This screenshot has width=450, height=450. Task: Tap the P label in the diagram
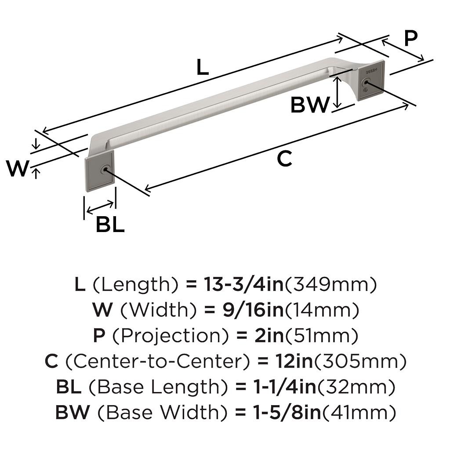tap(410, 39)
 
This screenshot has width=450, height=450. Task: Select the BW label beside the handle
tap(310, 105)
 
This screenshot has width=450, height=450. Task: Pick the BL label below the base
tap(110, 225)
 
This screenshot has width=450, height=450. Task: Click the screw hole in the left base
tap(105, 169)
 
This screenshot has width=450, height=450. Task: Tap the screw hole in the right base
tap(365, 82)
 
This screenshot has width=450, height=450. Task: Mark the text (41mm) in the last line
tap(362, 413)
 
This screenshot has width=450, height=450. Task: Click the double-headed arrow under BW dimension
tap(337, 91)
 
